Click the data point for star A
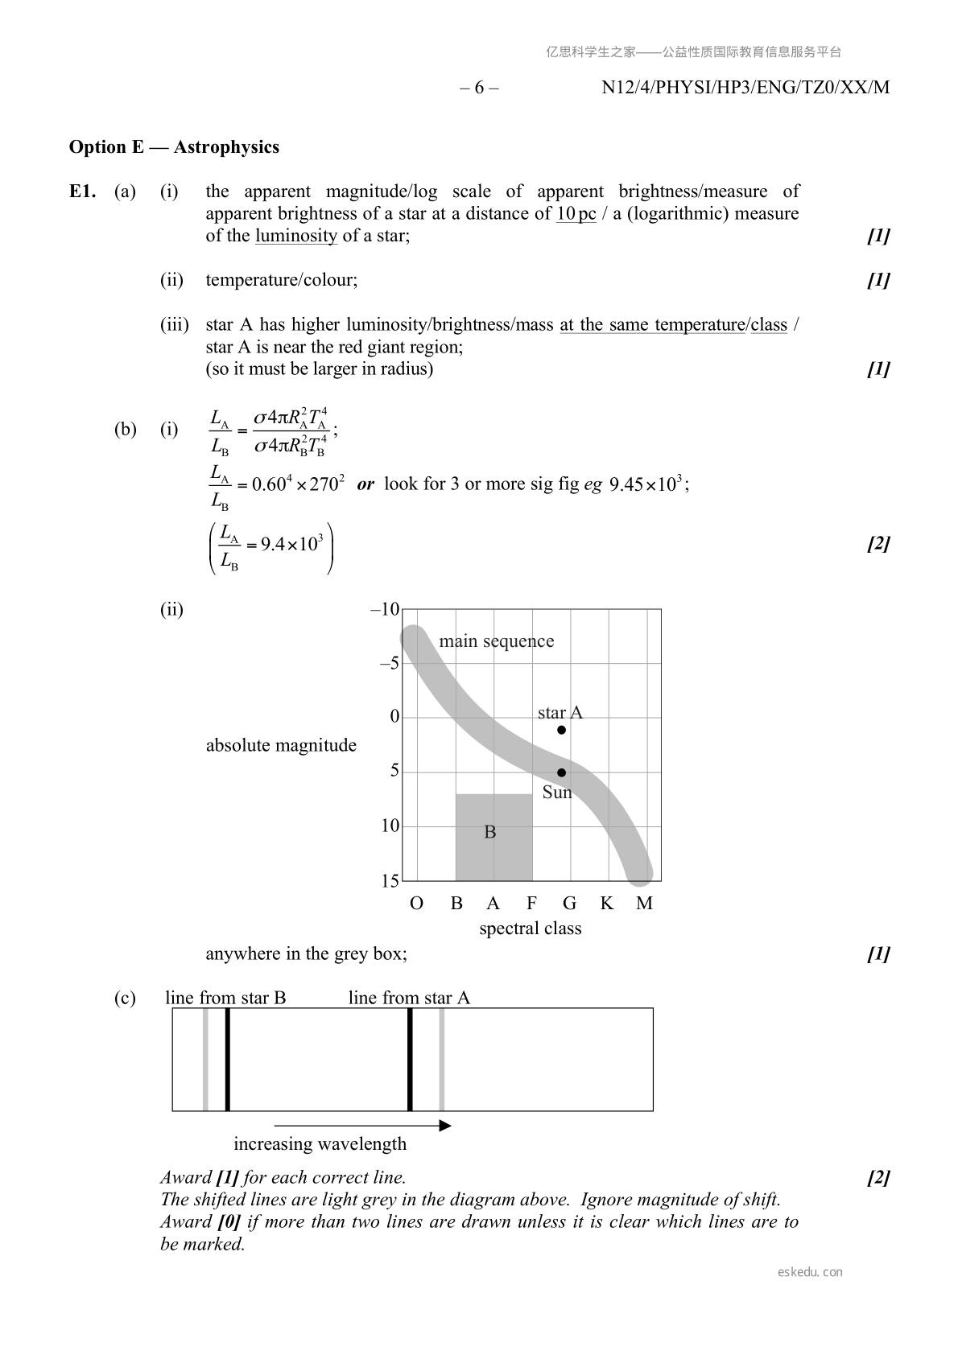pyautogui.click(x=561, y=730)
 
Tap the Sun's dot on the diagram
pyautogui.click(x=561, y=772)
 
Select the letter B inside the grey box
pyautogui.click(x=489, y=832)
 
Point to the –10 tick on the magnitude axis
pyautogui.click(x=385, y=609)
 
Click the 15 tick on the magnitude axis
pyautogui.click(x=390, y=881)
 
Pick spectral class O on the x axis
pyautogui.click(x=416, y=904)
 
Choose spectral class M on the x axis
pyautogui.click(x=644, y=904)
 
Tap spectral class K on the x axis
pyautogui.click(x=606, y=904)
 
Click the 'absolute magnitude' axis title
pyautogui.click(x=281, y=745)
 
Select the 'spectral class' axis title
pyautogui.click(x=530, y=929)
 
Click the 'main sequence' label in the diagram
pyautogui.click(x=496, y=641)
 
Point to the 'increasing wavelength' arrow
pyautogui.click(x=362, y=1126)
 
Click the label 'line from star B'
pyautogui.click(x=225, y=998)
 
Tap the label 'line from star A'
pyautogui.click(x=409, y=998)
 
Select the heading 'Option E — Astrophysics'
pyautogui.click(x=174, y=147)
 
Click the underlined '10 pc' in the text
pyautogui.click(x=576, y=214)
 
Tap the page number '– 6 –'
pyautogui.click(x=479, y=88)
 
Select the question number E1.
pyautogui.click(x=83, y=192)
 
